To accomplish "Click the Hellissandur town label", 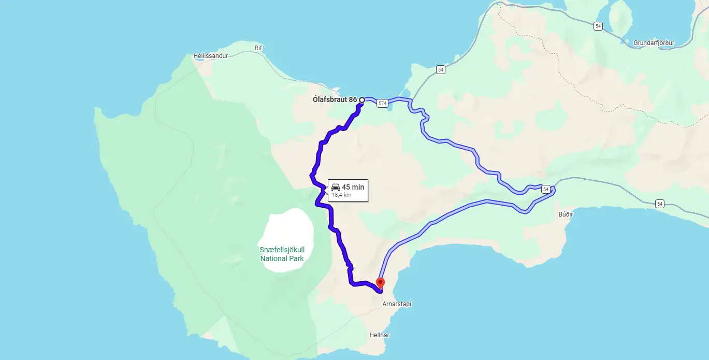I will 210,56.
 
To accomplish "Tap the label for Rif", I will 259,48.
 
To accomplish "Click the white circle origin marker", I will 361,100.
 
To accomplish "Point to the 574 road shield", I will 382,104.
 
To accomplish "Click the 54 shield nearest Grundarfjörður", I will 598,26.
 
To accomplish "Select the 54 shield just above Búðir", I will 546,190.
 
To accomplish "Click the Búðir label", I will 567,213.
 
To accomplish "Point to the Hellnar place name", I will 379,335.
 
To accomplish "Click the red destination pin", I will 381,283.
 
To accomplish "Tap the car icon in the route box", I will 336,187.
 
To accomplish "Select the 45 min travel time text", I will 353,187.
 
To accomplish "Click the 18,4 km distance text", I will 341,195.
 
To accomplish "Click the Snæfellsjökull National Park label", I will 281,254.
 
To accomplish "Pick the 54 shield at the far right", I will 659,204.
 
